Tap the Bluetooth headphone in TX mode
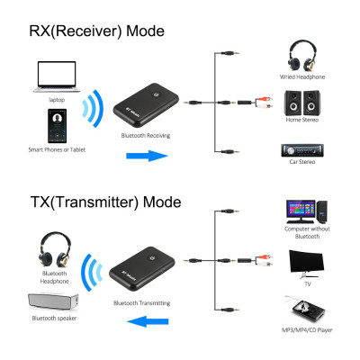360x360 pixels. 53,249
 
